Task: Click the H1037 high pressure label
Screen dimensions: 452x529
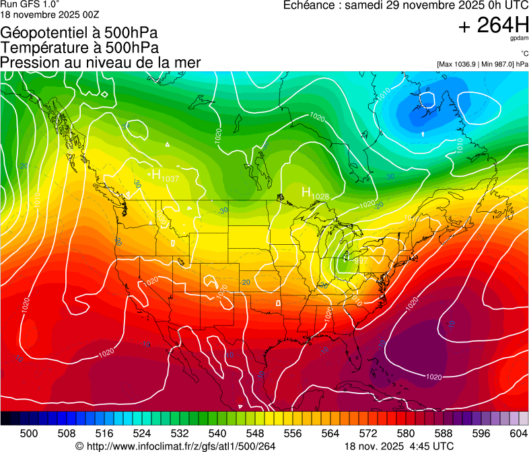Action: pyautogui.click(x=164, y=176)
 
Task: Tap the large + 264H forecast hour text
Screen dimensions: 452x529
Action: pyautogui.click(x=493, y=26)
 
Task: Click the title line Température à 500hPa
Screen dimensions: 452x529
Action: pyautogui.click(x=79, y=48)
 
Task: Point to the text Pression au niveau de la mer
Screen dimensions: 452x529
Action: pyautogui.click(x=100, y=63)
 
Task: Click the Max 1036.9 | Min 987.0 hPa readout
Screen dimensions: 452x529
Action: pyautogui.click(x=482, y=64)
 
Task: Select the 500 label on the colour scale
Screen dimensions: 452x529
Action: pyautogui.click(x=29, y=432)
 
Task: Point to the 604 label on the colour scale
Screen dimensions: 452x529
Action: pyautogui.click(x=518, y=432)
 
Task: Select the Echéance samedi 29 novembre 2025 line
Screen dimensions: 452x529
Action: pyautogui.click(x=406, y=5)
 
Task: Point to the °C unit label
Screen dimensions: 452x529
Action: pyautogui.click(x=524, y=54)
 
